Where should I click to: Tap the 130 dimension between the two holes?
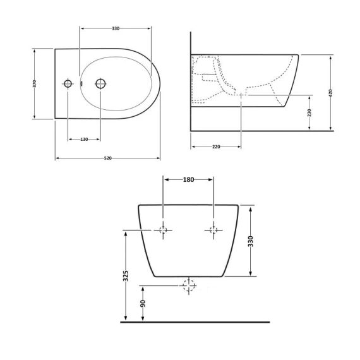click(x=83, y=139)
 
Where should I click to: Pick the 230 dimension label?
click(x=309, y=112)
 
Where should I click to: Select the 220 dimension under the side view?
click(x=216, y=147)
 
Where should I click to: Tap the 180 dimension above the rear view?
click(x=188, y=180)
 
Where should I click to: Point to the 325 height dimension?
click(x=126, y=276)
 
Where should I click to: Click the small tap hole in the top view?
click(x=68, y=83)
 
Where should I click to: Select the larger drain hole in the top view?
click(x=99, y=83)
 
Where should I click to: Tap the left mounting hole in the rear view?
click(x=163, y=231)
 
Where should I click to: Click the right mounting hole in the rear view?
click(x=213, y=231)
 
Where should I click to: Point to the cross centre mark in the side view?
click(x=241, y=95)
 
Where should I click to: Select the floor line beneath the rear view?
click(x=195, y=322)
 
